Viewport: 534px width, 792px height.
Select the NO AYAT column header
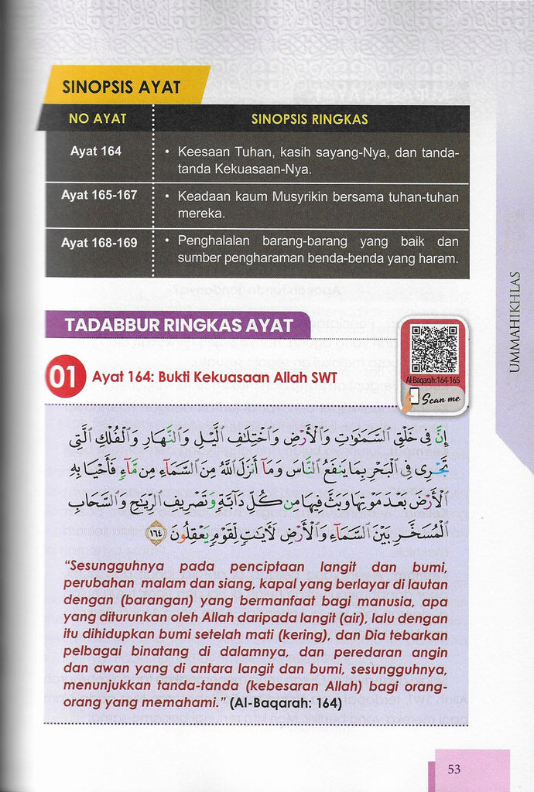[x=98, y=119]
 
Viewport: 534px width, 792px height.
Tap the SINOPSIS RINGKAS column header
[x=310, y=119]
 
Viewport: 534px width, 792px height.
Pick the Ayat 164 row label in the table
[x=96, y=152]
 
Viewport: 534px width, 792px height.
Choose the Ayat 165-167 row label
[x=99, y=195]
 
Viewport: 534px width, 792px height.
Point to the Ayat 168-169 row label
[x=99, y=243]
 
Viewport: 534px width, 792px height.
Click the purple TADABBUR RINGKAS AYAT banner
[x=178, y=325]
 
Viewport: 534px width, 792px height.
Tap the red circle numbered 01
[x=65, y=377]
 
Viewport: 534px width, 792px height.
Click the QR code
[x=434, y=349]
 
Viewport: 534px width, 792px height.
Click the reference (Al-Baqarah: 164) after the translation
[x=286, y=705]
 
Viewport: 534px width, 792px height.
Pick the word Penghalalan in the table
[x=213, y=242]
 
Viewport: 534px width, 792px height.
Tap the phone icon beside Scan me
[x=414, y=397]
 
